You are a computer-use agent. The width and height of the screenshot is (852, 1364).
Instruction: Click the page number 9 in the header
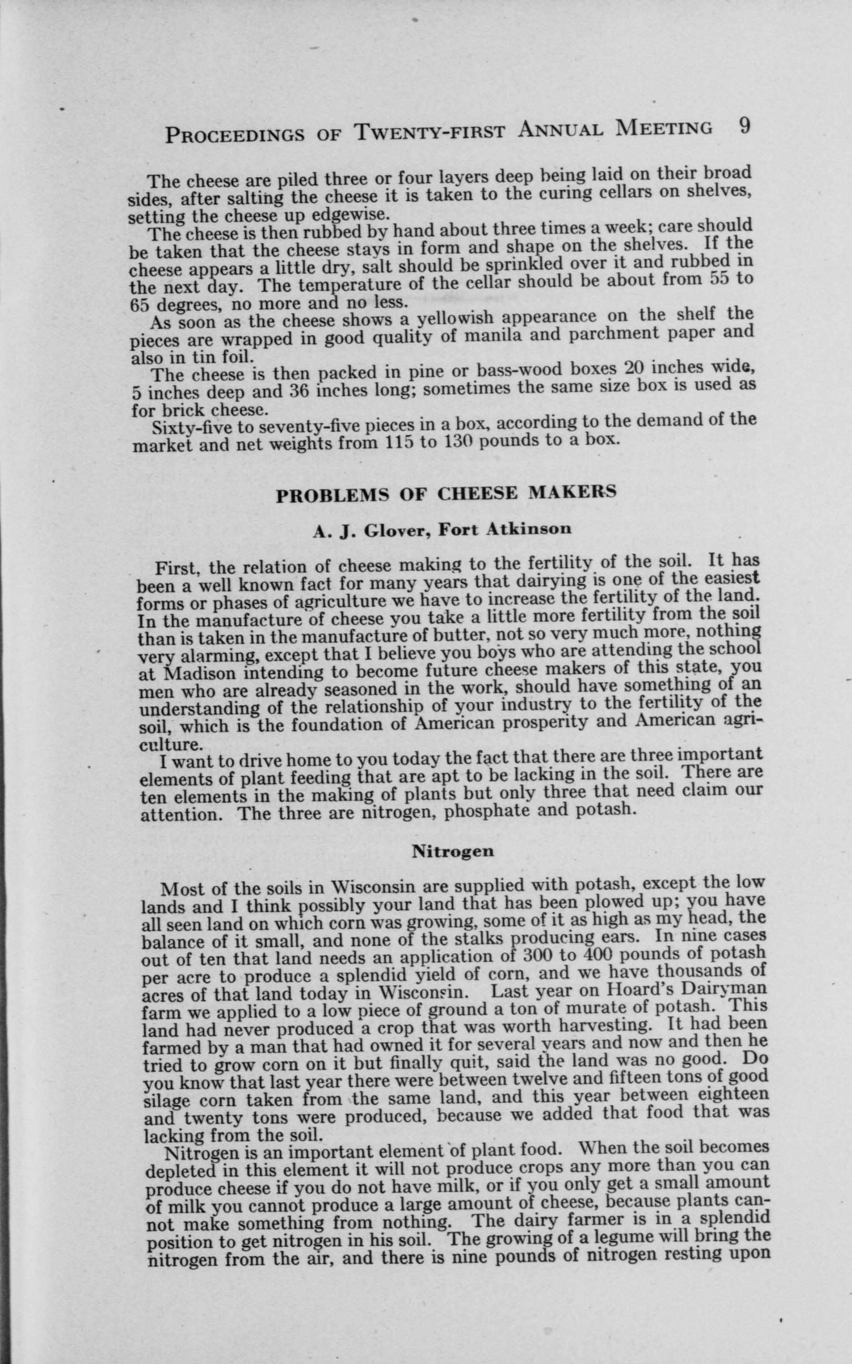coord(744,126)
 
